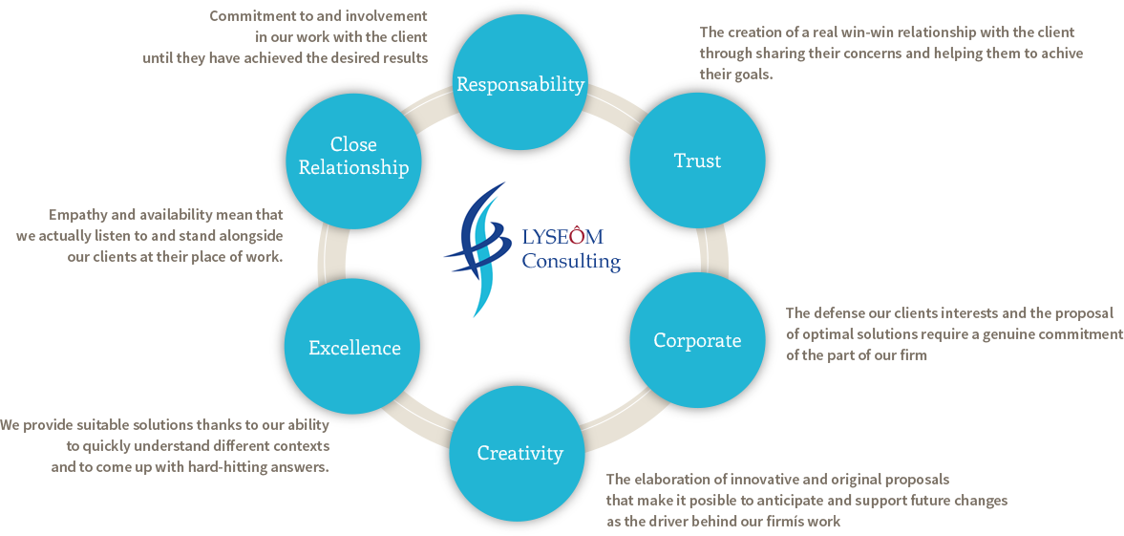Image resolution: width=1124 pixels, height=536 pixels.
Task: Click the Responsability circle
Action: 520,84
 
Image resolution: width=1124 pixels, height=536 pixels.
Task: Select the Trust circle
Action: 697,161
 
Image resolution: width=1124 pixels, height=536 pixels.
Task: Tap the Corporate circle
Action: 697,340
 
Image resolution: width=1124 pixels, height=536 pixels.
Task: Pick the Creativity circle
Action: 520,453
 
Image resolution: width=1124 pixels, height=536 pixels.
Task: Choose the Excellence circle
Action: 354,348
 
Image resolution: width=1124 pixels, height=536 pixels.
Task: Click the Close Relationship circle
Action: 353,156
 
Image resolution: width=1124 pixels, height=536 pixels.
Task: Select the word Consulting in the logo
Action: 570,261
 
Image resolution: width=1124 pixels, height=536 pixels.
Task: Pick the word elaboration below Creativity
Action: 668,480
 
